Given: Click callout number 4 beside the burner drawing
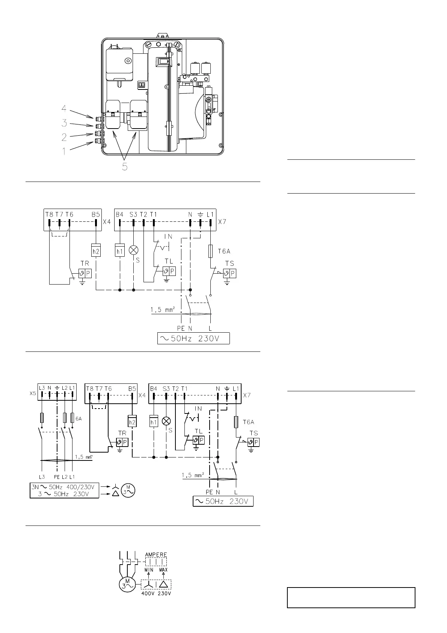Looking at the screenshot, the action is click(x=64, y=109).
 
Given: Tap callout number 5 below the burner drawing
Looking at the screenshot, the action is click(x=125, y=167).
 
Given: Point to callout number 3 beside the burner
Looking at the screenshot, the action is click(x=64, y=123).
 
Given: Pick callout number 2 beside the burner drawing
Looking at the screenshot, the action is click(x=64, y=137).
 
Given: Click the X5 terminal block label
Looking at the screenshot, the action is click(x=33, y=395).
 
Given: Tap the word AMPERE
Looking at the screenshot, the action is click(x=156, y=554).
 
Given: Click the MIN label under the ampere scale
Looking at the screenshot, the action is click(x=149, y=570).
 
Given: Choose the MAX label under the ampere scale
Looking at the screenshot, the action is click(x=163, y=570).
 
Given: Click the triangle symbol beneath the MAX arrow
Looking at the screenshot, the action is click(x=164, y=585).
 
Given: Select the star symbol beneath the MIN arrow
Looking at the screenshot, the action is click(x=149, y=585).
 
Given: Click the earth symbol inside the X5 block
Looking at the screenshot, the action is click(x=57, y=388).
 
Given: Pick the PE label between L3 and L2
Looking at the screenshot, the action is click(x=57, y=477).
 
